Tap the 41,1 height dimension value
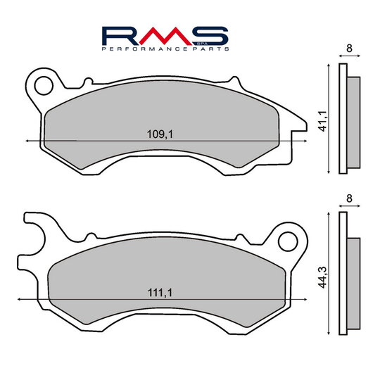pos(320,120)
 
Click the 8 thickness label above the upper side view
pos(350,49)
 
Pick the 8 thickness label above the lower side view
pos(350,199)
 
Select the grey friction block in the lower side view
pos(353,275)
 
